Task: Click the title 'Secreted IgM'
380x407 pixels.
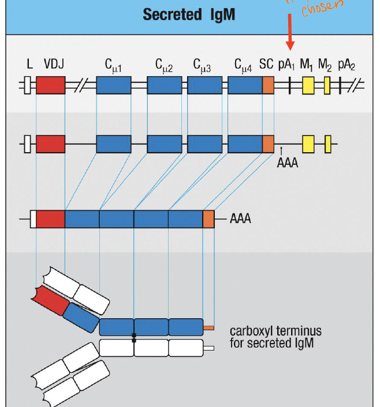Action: (189, 14)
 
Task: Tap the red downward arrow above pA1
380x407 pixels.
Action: (290, 37)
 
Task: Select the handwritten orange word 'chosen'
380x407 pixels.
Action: (322, 7)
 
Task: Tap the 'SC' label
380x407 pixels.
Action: (266, 65)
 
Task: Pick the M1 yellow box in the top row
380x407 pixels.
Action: (308, 85)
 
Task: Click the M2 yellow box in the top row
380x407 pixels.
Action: (327, 85)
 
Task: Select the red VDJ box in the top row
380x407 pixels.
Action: (50, 85)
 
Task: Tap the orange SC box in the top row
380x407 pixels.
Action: (268, 85)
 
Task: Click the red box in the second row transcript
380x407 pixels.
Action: (50, 144)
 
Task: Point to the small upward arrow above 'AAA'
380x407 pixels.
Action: (281, 151)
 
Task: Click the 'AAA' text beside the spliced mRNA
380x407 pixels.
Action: (240, 220)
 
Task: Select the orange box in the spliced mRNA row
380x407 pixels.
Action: (208, 220)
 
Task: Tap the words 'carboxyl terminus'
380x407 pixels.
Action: (275, 331)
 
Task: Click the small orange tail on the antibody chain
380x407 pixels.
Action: (208, 328)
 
